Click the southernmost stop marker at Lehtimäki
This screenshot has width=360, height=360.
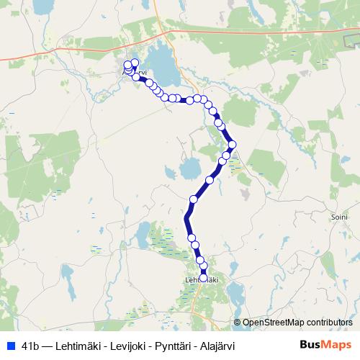coord(203,277)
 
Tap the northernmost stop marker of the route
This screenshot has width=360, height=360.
coord(135,63)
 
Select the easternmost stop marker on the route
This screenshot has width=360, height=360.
coord(232,144)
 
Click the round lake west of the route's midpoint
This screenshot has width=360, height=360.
coord(189,169)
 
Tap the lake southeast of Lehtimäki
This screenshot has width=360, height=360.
coord(234,291)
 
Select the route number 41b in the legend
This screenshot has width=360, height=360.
coord(30,345)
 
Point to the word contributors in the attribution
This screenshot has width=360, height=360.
coord(328,323)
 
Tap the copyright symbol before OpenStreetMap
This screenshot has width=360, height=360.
coord(237,323)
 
